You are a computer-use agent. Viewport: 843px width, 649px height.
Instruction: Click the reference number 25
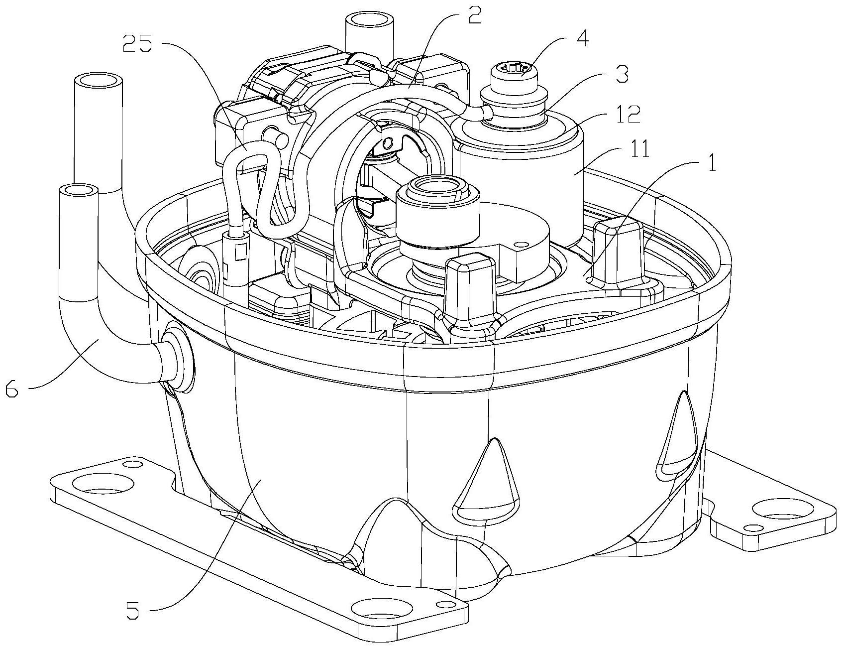(x=139, y=45)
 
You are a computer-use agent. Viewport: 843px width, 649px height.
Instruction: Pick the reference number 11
(x=640, y=150)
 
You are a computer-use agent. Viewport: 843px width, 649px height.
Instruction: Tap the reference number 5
(x=133, y=611)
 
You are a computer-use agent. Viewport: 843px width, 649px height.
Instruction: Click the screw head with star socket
(x=512, y=70)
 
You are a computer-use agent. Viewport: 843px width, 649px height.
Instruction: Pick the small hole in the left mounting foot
(x=130, y=465)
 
